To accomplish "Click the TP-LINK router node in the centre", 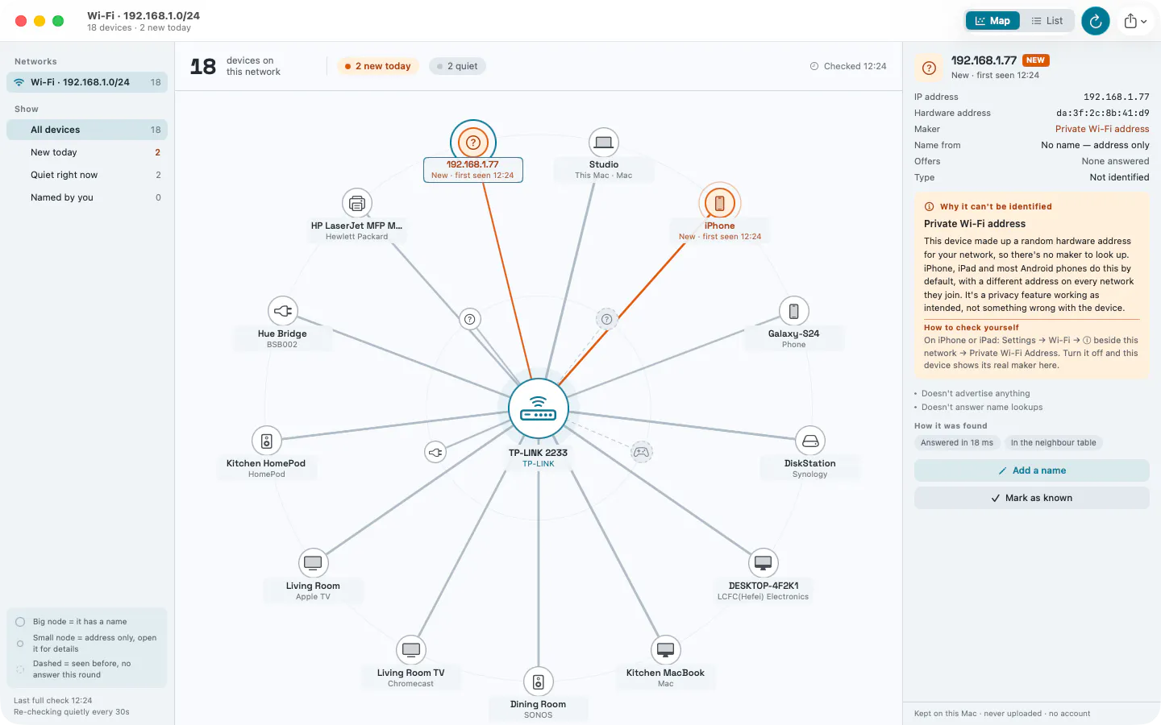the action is tap(538, 408).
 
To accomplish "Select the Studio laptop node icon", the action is tap(603, 142).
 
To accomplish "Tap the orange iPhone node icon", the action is tap(719, 203).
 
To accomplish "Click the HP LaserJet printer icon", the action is tap(356, 203).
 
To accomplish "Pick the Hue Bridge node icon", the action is tap(282, 311).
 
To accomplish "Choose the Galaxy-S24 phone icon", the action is tap(793, 311).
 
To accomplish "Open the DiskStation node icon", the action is tap(810, 441).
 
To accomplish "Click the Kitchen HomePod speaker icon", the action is tap(266, 441).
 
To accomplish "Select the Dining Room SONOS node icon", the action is tap(538, 681).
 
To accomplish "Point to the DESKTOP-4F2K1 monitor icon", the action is tap(763, 563).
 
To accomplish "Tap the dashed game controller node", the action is tap(641, 452).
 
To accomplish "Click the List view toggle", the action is tap(1047, 21).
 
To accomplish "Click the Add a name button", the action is tap(1031, 470).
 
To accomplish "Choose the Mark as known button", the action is tap(1031, 498).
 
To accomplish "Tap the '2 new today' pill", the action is tap(378, 66).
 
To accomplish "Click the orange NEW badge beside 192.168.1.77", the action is tap(1035, 60).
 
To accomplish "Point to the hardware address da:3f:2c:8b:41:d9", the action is tap(1102, 113).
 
